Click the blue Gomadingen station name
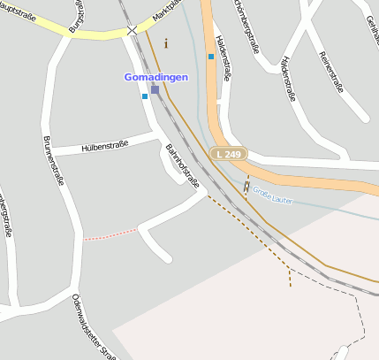(155, 77)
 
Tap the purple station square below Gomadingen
(155, 89)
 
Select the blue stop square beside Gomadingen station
(145, 96)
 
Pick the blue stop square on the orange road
(211, 57)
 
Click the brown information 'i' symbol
(165, 42)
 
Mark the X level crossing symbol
(132, 30)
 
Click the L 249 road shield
(229, 154)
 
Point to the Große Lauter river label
(272, 192)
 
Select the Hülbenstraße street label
(105, 146)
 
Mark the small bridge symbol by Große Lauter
(246, 186)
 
